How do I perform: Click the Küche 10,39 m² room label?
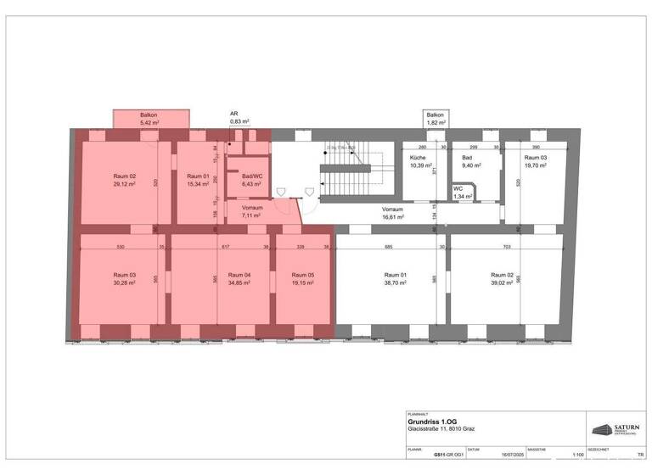[418, 162]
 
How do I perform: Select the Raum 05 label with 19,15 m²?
[302, 279]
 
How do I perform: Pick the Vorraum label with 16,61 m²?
[392, 212]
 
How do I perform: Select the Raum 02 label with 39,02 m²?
[502, 279]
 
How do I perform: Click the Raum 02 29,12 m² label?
[125, 179]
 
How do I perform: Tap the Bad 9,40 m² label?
[466, 162]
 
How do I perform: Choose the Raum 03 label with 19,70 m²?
[535, 162]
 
